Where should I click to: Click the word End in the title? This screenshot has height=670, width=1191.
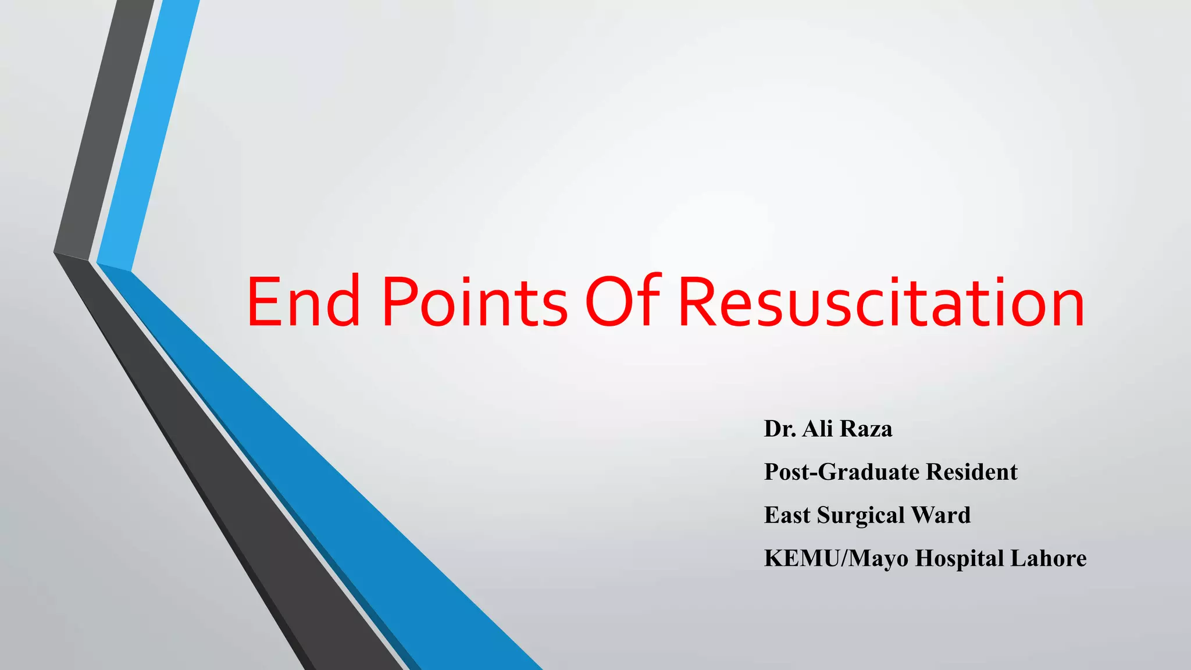pyautogui.click(x=304, y=302)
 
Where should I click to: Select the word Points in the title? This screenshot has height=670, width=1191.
pyautogui.click(x=474, y=302)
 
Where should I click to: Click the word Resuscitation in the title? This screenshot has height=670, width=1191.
pyautogui.click(x=881, y=302)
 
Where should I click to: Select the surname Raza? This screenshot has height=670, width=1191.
pyautogui.click(x=866, y=429)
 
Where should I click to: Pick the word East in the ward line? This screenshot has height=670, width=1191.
pyautogui.click(x=787, y=515)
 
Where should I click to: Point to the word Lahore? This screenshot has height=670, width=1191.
pyautogui.click(x=1048, y=558)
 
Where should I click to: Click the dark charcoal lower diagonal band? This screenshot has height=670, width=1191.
pyautogui.click(x=233, y=494)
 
